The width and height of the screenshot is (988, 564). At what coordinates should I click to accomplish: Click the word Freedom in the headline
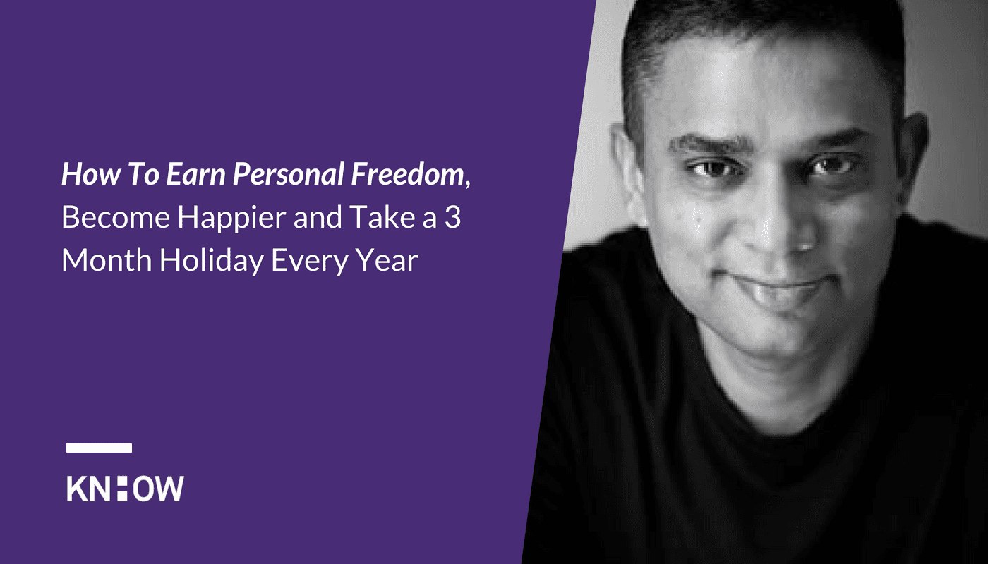[407, 173]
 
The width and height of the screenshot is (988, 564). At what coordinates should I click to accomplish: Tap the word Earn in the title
[196, 173]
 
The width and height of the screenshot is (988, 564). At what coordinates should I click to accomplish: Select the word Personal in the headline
[289, 173]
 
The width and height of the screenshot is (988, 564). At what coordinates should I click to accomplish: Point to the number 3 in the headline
[452, 217]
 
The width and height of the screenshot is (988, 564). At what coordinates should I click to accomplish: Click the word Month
[107, 260]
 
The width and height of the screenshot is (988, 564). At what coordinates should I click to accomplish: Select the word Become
[116, 217]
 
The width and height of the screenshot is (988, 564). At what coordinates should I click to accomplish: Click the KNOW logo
[126, 488]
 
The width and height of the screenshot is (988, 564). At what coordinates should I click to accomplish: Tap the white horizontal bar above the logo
[100, 448]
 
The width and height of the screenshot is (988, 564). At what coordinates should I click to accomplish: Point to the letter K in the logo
[77, 488]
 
